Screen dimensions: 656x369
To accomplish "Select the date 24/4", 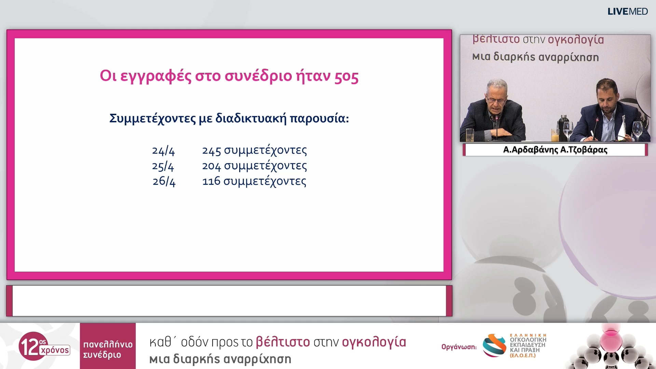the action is pos(163,151).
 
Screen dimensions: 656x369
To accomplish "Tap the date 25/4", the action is pos(163,166).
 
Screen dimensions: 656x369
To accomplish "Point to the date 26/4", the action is pos(164,181).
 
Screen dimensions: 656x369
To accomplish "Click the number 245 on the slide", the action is pos(211,150).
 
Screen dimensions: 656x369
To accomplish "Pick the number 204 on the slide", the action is pos(211,166).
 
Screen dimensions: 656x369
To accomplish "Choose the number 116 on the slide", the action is pos(211,181).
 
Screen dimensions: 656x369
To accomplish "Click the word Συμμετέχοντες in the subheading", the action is pos(153,119).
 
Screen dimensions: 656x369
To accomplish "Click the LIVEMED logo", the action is pos(628,12).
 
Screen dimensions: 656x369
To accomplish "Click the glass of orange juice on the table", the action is pos(555,135).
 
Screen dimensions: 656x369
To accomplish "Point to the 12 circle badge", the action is pos(33,346).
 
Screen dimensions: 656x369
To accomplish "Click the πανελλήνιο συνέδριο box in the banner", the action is pos(108,346).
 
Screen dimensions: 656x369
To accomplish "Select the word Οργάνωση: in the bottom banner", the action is pos(459,347).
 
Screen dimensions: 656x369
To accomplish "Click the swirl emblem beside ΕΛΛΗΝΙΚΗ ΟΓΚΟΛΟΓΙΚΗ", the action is pos(494,345).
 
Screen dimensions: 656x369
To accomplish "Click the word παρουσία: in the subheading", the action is pos(319,119).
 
